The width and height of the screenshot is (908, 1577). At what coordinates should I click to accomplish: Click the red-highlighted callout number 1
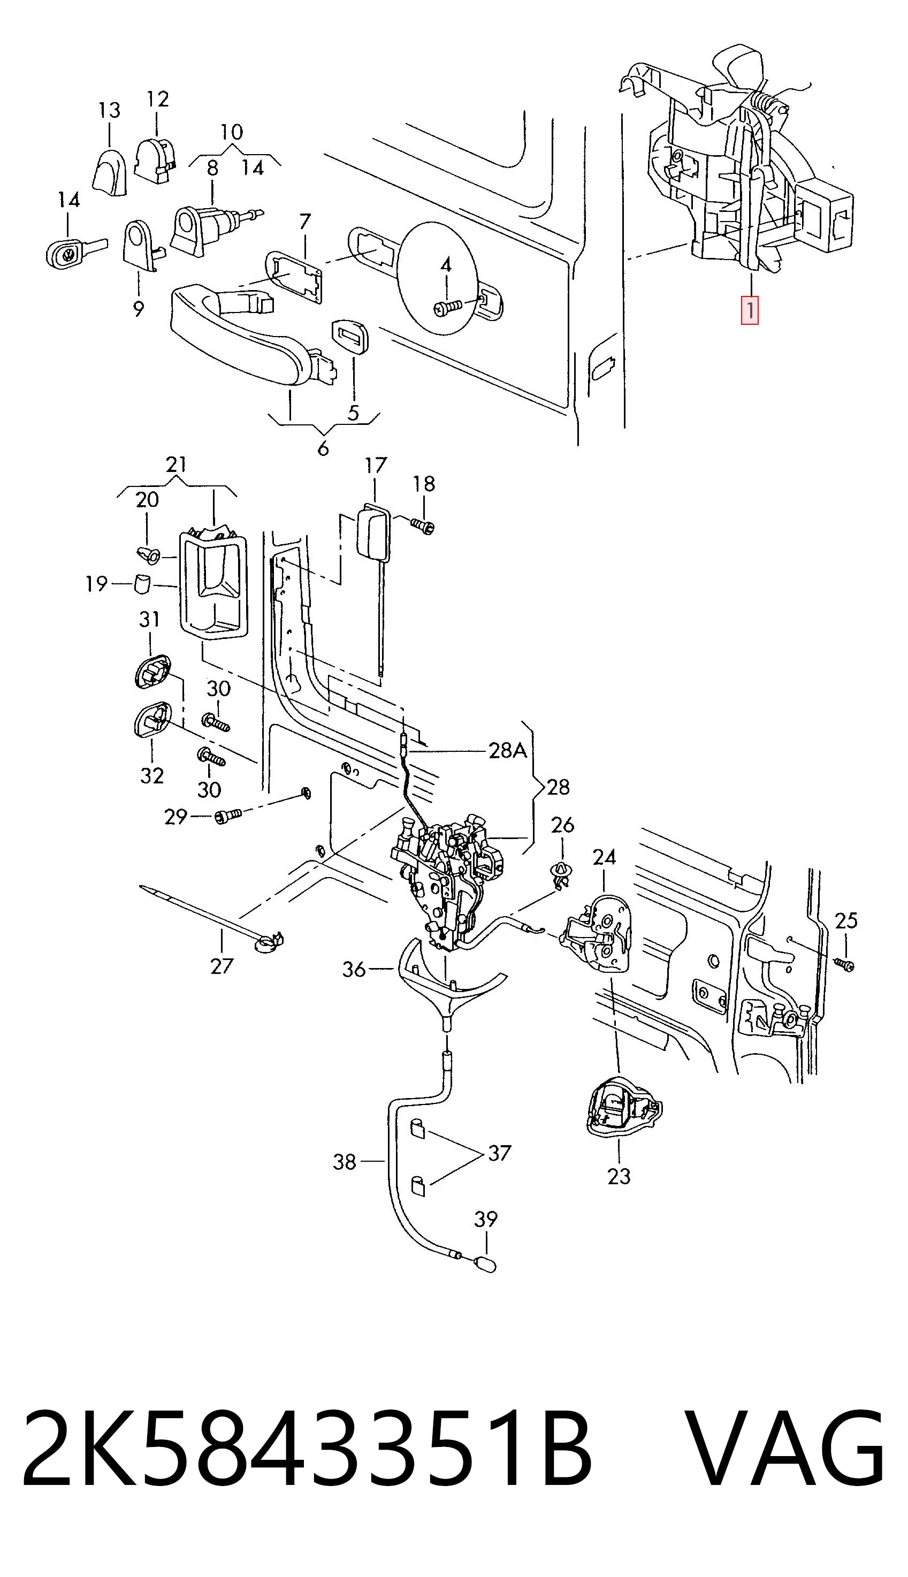coord(749,310)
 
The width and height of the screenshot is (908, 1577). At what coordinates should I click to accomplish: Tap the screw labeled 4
coord(447,307)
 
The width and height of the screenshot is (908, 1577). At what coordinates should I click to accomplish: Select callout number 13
coord(109,110)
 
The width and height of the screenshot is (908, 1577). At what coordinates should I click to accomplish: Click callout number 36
coord(354,970)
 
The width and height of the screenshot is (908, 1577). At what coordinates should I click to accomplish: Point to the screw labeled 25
coord(844,964)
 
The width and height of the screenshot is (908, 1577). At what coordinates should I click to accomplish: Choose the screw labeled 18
coord(422,525)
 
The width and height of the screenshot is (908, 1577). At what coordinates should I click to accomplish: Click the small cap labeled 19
coord(143,584)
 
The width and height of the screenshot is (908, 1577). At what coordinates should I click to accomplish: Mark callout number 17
coord(376,466)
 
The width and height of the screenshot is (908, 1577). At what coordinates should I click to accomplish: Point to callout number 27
coord(222,966)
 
